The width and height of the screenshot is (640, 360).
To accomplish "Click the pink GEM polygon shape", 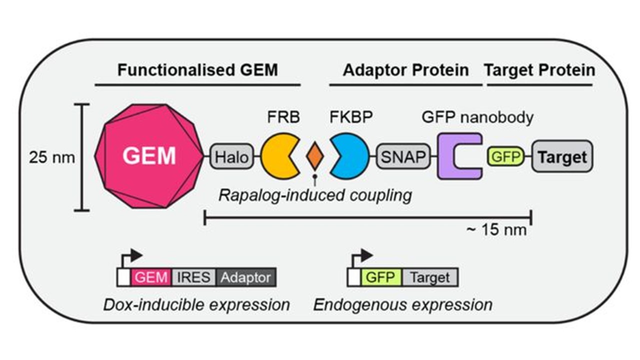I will coord(149,157).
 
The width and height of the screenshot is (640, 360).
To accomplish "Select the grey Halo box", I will coord(231,158).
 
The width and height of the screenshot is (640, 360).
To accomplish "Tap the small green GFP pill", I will coord(504,158).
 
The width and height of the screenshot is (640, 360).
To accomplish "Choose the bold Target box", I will coord(562,158).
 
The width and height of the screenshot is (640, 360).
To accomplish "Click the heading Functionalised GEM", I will coord(197,70).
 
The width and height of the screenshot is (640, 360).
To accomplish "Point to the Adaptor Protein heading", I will coord(405,70).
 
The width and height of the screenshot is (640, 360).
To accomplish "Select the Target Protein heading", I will coord(539,70).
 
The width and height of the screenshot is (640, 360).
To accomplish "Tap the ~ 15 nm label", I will coord(496,230).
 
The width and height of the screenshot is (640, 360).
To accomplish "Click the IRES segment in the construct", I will coord(194,277).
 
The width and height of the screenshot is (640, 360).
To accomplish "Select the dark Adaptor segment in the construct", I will coord(246,277).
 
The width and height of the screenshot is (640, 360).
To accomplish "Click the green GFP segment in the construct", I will coord(380,277).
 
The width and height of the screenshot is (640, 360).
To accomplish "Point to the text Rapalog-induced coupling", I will coord(315,194).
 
